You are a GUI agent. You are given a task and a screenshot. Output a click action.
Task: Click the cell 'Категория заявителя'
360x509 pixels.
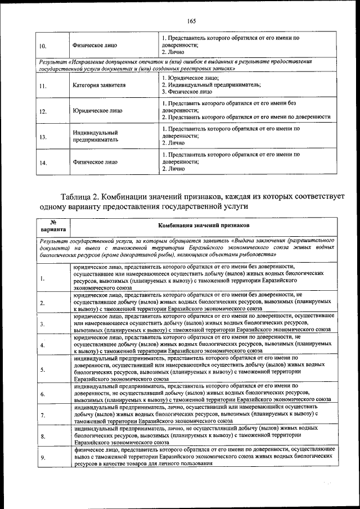(99, 85)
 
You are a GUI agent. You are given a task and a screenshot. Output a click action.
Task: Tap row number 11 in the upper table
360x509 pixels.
(43, 86)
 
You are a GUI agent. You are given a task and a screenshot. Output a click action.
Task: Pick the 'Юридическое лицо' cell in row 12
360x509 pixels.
(97, 111)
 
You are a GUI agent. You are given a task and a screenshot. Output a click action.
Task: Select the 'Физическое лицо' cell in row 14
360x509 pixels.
(94, 162)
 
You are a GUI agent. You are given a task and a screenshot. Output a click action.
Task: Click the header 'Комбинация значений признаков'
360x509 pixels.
(204, 226)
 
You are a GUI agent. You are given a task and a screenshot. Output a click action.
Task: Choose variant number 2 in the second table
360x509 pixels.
(43, 303)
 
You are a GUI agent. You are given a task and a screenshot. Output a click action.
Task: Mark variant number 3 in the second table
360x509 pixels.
(43, 325)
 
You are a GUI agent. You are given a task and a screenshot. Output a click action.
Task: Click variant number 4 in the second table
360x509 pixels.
(43, 344)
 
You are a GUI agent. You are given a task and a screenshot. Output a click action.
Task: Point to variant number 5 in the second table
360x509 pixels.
(43, 369)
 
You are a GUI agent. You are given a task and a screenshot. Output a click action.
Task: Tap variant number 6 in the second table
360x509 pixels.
(43, 394)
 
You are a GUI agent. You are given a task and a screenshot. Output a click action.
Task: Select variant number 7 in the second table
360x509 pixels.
(43, 415)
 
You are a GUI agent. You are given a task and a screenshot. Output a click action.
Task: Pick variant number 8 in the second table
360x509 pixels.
(43, 436)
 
